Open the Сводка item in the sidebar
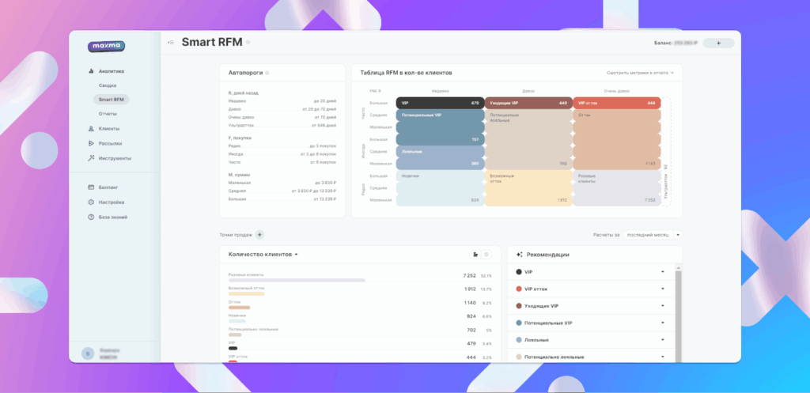pos(108,85)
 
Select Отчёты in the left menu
pos(108,114)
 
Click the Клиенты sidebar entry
pos(109,129)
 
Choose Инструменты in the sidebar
pos(115,158)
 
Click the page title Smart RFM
pos(211,42)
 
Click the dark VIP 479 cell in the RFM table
pos(440,103)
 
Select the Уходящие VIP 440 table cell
pos(528,103)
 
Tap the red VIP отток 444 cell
pos(616,103)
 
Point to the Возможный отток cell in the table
pos(528,189)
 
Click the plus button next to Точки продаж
pos(260,235)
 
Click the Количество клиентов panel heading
pos(263,255)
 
